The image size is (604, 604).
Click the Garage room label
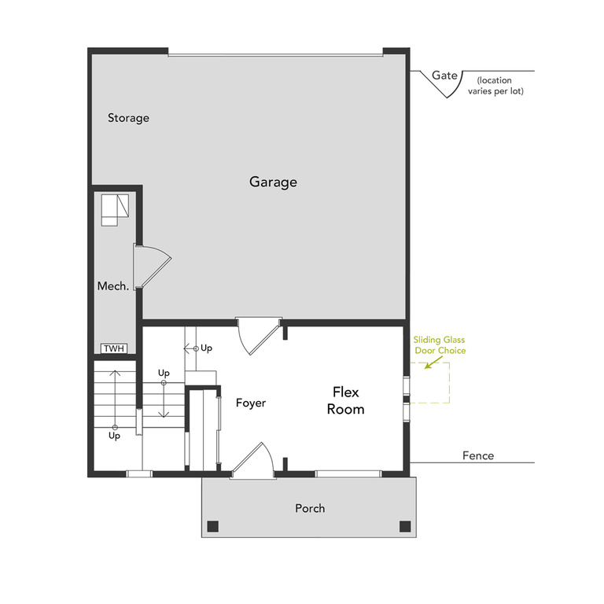pyautogui.click(x=273, y=182)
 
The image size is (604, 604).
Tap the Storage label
pyautogui.click(x=128, y=118)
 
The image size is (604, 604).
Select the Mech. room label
pyautogui.click(x=112, y=286)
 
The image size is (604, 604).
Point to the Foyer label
pyautogui.click(x=251, y=403)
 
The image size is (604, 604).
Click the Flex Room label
pyautogui.click(x=348, y=400)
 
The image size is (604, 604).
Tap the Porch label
pyautogui.click(x=310, y=508)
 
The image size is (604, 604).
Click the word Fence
pyautogui.click(x=478, y=455)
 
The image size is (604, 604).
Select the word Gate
pyautogui.click(x=445, y=75)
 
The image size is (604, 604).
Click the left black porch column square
pyautogui.click(x=212, y=526)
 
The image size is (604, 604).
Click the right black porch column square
pyautogui.click(x=405, y=526)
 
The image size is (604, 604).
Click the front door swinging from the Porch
pyautogui.click(x=254, y=461)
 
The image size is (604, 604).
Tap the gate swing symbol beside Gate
pyautogui.click(x=445, y=87)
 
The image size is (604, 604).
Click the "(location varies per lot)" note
pyautogui.click(x=500, y=86)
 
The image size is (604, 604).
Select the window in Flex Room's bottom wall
pyautogui.click(x=348, y=473)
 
